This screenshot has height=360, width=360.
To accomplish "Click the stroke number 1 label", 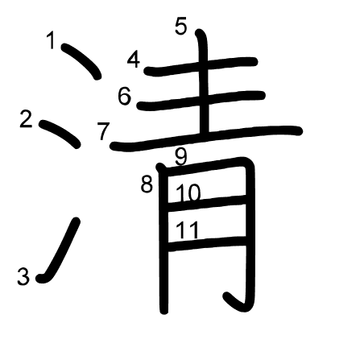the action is [51, 40].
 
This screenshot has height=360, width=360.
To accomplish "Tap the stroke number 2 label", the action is [26, 119].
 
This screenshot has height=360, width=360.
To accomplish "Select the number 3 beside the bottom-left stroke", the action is [23, 276].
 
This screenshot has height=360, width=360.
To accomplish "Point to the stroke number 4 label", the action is [134, 59].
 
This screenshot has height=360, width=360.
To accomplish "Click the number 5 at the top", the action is [180, 26].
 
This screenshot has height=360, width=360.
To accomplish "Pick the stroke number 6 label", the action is [125, 96].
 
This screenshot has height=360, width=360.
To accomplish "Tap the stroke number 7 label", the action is [103, 131].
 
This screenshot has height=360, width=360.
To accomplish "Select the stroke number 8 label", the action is [147, 184].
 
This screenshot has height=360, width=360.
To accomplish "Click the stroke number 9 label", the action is [181, 157].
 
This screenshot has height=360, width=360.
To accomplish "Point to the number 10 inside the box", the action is [188, 192].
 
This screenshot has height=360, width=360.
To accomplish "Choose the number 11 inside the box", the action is [188, 230].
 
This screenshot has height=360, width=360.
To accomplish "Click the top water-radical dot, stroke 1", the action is [81, 61].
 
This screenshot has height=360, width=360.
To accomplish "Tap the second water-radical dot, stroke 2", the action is [60, 134].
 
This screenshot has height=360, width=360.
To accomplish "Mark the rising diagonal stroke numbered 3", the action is [58, 250].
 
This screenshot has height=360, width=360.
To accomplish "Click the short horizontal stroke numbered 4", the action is [201, 67].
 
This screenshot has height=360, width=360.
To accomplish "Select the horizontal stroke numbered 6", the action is [201, 101].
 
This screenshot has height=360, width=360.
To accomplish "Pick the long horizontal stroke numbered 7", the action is [206, 139].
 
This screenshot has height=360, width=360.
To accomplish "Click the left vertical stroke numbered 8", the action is [163, 239].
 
